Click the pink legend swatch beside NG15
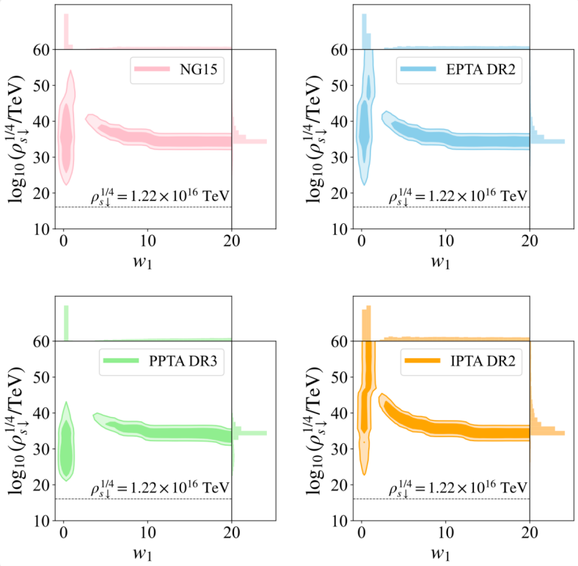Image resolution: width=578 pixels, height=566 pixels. [150, 70]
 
